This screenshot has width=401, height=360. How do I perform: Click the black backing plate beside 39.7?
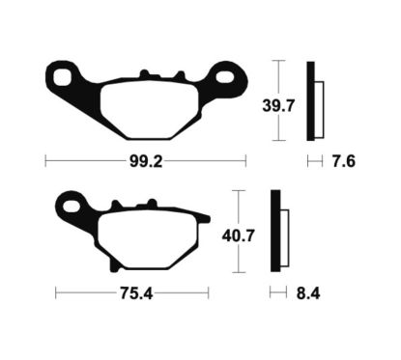pyautogui.click(x=310, y=100)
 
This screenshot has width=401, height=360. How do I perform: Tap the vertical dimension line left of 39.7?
pyautogui.click(x=278, y=100)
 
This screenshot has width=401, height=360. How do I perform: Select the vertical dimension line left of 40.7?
pyautogui.click(x=241, y=232)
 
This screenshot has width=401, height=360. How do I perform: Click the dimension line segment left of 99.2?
pyautogui.click(x=87, y=161)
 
